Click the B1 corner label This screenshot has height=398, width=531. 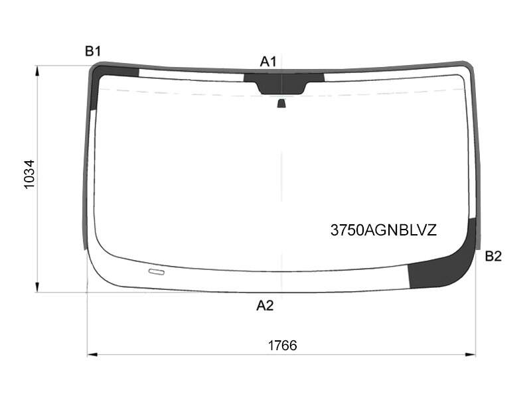point(93,52)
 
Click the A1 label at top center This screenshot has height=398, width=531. point(268,62)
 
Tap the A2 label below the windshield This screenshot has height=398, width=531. point(265,306)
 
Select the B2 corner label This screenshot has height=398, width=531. point(493,257)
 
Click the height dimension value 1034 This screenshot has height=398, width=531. point(29,174)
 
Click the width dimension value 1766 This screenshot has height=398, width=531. point(283,346)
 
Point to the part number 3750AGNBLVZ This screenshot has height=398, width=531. point(384,230)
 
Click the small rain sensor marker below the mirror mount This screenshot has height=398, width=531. point(281,103)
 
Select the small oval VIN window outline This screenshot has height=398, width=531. point(157,271)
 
